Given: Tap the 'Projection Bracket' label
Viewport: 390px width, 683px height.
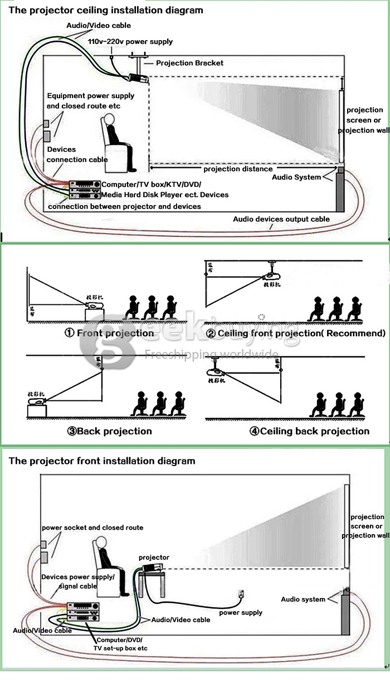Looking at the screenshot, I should coord(189,63).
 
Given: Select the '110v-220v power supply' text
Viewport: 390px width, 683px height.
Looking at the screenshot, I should coord(130,41).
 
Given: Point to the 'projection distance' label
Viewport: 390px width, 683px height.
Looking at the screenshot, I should coord(238,168).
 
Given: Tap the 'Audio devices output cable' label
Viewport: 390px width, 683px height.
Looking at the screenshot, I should coord(281,219).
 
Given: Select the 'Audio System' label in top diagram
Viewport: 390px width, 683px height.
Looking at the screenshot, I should coord(296,177).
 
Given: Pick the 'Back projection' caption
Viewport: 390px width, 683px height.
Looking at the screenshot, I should coord(114,431).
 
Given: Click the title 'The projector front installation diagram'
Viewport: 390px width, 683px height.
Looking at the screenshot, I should coord(102,461).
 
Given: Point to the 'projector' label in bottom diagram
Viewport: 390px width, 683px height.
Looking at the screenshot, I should coord(154,557).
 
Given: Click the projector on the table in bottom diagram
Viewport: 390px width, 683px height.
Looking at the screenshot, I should coord(152,568).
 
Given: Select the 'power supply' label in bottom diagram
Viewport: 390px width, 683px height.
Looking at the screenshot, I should coord(240,612).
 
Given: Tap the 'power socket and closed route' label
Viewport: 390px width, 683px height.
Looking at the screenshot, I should coord(92,527).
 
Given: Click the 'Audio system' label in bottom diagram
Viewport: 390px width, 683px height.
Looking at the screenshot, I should coord(303,599).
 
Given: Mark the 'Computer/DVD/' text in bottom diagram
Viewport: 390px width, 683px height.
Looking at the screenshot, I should coord(119,640).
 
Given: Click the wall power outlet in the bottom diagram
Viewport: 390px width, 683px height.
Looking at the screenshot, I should coord(241,593).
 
